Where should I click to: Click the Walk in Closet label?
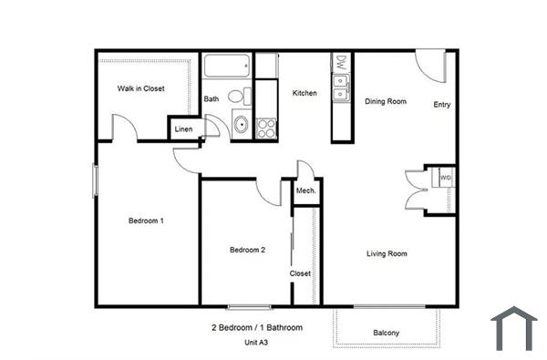(x=140, y=88)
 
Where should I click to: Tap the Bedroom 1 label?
(x=145, y=221)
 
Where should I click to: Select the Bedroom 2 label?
(x=247, y=250)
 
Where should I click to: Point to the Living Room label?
(x=387, y=253)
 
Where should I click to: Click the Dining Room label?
(x=386, y=101)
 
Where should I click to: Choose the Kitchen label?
(x=304, y=93)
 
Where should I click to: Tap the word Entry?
(x=442, y=105)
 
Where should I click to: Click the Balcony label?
(x=387, y=333)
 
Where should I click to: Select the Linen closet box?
(x=183, y=129)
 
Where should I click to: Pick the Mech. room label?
(x=305, y=190)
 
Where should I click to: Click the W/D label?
(x=445, y=177)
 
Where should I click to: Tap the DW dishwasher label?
(x=340, y=63)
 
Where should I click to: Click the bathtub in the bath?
(x=227, y=66)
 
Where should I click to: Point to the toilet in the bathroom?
(x=237, y=96)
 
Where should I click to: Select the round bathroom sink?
(x=241, y=125)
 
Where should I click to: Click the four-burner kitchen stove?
(x=265, y=128)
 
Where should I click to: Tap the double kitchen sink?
(x=340, y=89)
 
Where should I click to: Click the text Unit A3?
(x=255, y=343)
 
